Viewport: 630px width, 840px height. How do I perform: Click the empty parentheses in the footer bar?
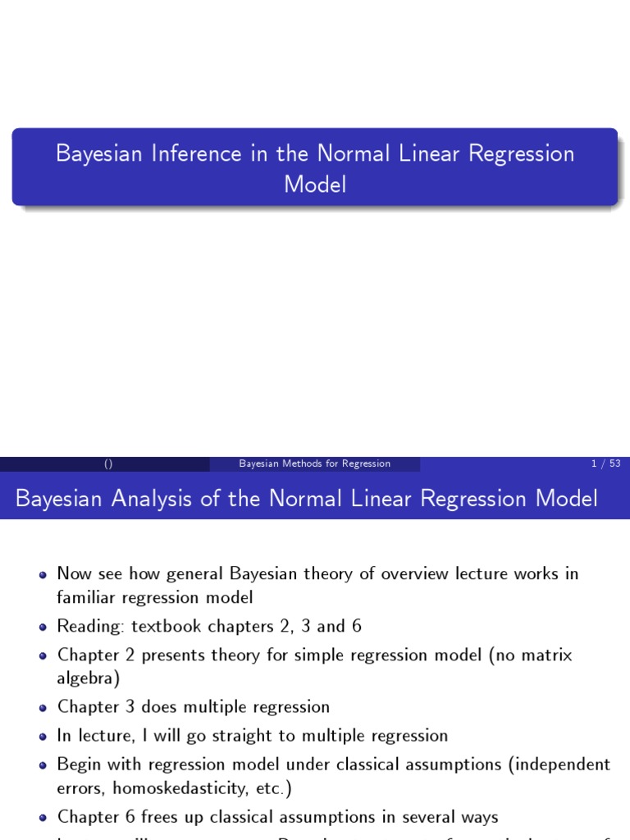[108, 463]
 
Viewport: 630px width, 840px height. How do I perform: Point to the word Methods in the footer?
[301, 463]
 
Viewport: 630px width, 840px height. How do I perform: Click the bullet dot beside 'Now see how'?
[43, 574]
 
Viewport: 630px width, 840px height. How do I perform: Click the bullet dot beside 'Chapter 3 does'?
[43, 707]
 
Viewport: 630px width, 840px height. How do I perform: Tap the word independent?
[564, 765]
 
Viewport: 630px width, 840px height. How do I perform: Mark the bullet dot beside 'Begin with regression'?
[43, 765]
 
